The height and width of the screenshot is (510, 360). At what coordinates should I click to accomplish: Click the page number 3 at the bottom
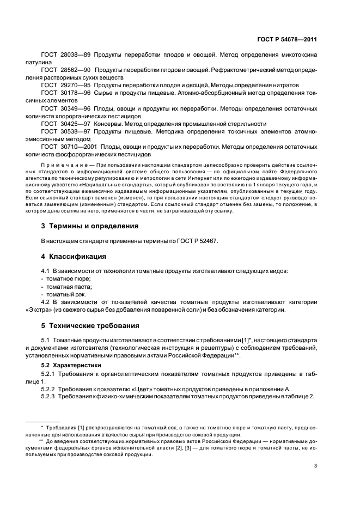pos(315,466)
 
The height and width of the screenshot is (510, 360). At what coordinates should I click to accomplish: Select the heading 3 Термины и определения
pos(90,226)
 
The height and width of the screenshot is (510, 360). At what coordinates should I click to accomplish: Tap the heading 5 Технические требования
pos(90,326)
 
